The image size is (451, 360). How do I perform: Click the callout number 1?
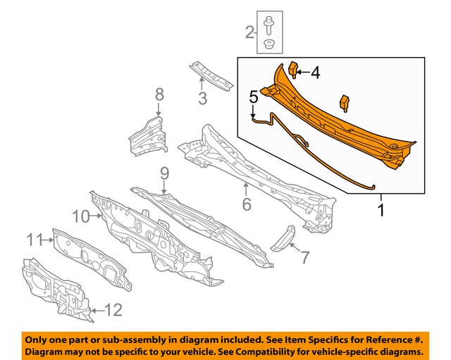tap(382, 209)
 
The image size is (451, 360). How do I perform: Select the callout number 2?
tap(250, 32)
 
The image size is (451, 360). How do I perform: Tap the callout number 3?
tap(202, 99)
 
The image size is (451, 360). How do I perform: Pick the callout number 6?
tap(247, 204)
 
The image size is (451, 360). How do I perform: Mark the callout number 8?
tap(159, 93)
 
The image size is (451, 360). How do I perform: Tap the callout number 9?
tap(164, 173)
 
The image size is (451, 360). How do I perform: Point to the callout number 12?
tap(113, 308)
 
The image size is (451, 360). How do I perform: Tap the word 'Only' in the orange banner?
tap(39, 338)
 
